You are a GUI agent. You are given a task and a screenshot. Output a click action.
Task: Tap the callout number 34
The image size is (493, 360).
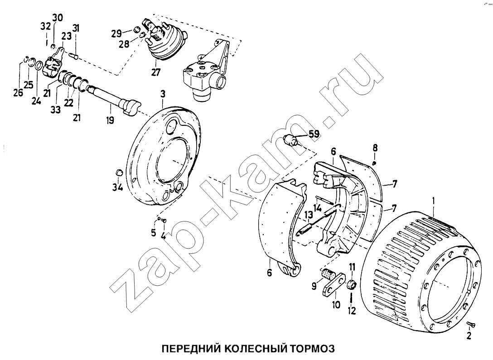(118, 187)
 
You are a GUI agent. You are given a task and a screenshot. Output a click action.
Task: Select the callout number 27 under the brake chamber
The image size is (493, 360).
(155, 73)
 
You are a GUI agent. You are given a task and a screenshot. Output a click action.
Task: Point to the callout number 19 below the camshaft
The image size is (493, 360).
(110, 120)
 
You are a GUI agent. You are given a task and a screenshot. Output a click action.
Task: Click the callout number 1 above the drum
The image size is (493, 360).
(434, 200)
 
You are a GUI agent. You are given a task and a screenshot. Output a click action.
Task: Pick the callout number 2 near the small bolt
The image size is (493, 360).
(469, 336)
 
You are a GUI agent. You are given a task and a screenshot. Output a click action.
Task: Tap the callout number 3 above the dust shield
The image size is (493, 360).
(163, 94)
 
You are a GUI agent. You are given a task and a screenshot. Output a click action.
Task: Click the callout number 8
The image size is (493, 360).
(375, 148)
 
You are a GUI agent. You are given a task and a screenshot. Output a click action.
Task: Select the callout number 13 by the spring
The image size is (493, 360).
(309, 216)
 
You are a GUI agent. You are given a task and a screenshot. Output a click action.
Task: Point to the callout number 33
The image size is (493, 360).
(56, 110)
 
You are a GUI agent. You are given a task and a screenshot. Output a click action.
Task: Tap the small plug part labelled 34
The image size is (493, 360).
(119, 172)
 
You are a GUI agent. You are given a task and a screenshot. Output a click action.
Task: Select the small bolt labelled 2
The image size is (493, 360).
(471, 324)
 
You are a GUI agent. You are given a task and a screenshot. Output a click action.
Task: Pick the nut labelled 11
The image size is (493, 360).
(351, 285)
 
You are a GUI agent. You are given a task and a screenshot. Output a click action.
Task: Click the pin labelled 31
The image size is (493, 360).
(74, 57)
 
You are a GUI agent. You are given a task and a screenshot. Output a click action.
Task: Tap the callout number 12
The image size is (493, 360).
(352, 311)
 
